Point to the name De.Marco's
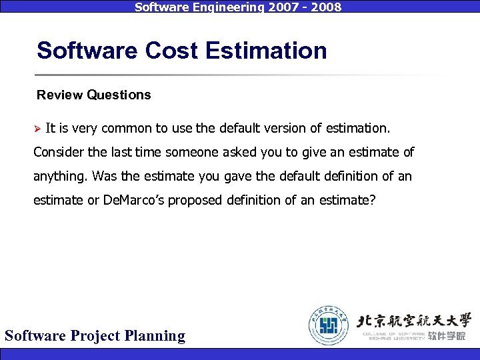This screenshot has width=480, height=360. click(x=139, y=200)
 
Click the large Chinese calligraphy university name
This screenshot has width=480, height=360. click(x=414, y=319)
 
